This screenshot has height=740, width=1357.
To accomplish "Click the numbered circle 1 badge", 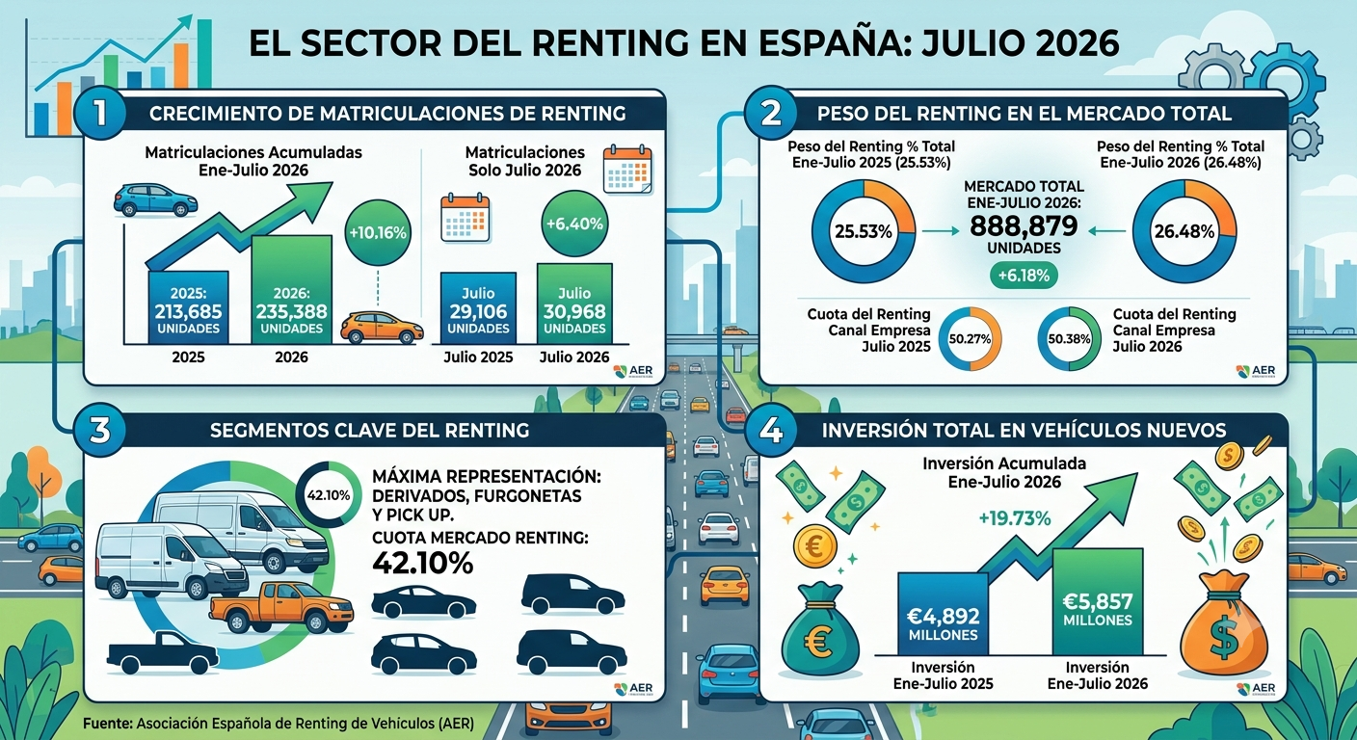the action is (99, 114).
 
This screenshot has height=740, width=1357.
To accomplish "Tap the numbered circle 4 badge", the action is (771, 430).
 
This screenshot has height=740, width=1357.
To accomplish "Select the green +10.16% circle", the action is (378, 233).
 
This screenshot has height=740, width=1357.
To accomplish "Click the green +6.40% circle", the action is (574, 225).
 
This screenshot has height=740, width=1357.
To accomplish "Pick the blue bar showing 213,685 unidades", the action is (188, 307).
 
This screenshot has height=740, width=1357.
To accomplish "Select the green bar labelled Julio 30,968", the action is (574, 304).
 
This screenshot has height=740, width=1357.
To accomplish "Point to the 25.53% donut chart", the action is (864, 231).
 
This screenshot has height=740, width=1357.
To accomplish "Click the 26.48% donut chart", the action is (1184, 231).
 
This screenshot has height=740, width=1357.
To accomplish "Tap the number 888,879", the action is (1024, 226).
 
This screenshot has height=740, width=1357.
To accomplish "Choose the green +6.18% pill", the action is (1024, 276).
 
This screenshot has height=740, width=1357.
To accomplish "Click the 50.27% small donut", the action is (970, 339).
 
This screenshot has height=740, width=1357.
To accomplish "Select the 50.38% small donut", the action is (1069, 339).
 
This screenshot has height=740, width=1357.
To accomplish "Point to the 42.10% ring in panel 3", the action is (329, 495).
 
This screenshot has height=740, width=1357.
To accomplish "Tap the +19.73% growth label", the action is (1015, 519).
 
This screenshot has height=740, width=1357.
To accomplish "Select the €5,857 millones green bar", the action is (1098, 601).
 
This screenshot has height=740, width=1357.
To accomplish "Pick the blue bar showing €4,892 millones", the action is (943, 614).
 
